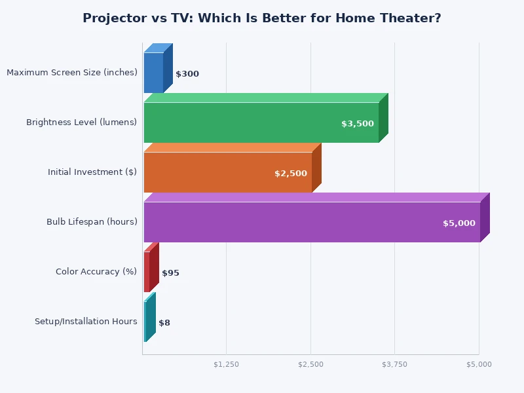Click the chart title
click(262, 18)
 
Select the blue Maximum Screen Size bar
click(153, 73)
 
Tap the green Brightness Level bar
click(261, 122)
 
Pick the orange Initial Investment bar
click(227, 172)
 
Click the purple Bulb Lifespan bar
click(312, 222)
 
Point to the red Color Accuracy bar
click(147, 272)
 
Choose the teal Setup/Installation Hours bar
click(145, 322)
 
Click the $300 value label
click(187, 74)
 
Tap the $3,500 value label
click(358, 124)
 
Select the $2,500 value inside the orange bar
click(291, 174)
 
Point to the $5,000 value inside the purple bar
click(459, 223)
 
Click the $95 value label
click(170, 273)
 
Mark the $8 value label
click(164, 323)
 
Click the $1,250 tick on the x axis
click(227, 364)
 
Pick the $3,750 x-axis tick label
click(395, 364)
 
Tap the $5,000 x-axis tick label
click(479, 364)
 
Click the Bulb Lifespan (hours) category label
click(92, 222)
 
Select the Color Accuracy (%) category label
click(96, 272)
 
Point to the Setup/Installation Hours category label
click(86, 322)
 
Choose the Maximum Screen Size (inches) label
click(72, 73)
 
